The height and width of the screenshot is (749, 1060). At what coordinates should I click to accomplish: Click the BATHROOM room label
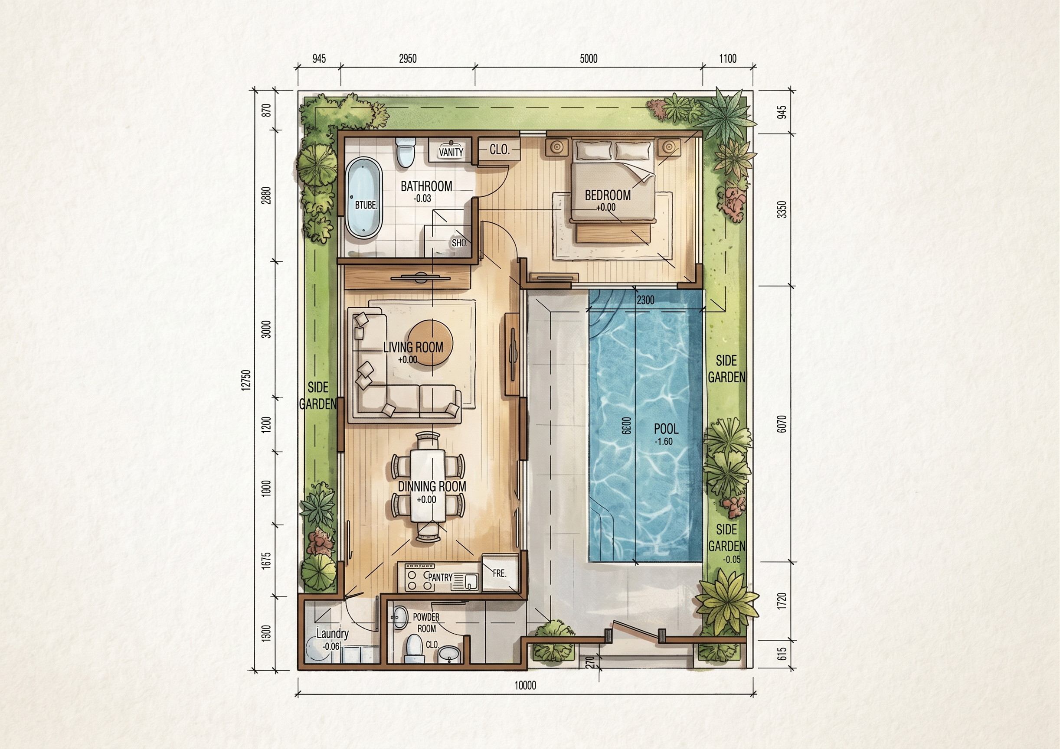[x=426, y=186]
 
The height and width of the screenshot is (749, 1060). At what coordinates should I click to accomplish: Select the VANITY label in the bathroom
[x=451, y=152]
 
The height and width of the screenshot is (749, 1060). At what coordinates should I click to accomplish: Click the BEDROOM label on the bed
[x=608, y=195]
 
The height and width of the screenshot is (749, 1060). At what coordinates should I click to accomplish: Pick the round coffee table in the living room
[x=431, y=344]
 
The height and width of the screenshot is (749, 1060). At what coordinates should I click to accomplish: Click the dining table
[x=429, y=485]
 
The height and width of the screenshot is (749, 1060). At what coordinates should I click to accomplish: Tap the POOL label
[x=666, y=429]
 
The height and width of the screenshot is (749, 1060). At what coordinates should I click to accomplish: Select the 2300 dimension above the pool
[x=645, y=300]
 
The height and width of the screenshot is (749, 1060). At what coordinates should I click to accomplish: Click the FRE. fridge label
[x=500, y=573]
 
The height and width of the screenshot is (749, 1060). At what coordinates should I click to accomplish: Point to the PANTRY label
[x=440, y=577]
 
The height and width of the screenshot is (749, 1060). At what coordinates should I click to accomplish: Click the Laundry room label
[x=332, y=633]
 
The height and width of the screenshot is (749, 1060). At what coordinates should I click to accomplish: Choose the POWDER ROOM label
[x=426, y=622]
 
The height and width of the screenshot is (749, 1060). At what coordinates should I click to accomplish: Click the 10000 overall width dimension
[x=525, y=685]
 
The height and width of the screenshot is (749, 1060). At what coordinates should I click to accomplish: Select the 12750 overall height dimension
[x=246, y=380]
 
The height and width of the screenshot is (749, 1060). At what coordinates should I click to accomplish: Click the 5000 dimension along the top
[x=589, y=59]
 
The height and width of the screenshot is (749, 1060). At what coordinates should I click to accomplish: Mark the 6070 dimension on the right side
[x=782, y=423]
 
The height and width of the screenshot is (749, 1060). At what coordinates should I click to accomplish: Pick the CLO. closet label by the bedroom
[x=500, y=150]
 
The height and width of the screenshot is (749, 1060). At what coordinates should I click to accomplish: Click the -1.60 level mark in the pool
[x=664, y=441]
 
